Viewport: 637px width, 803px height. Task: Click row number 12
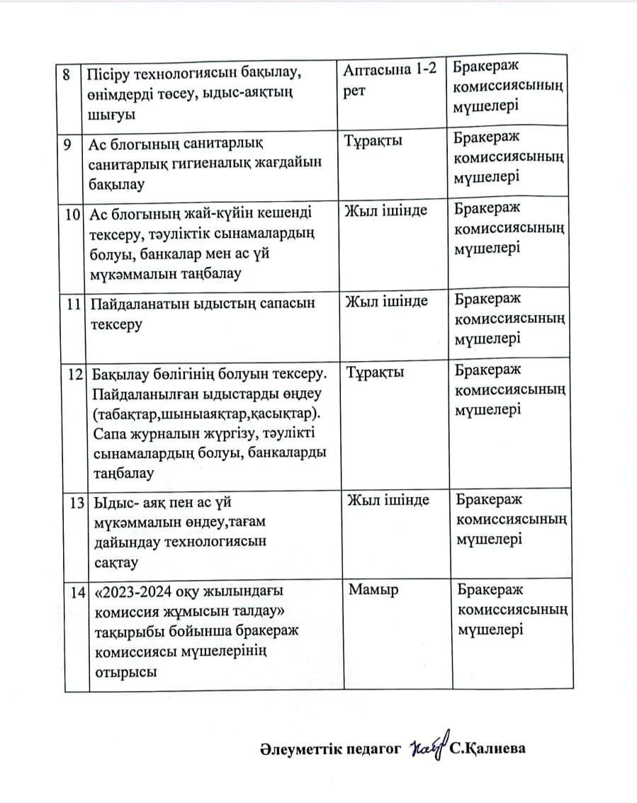[75, 374]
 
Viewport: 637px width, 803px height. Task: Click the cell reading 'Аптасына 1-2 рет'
[393, 81]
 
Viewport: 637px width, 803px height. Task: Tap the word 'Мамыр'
[373, 589]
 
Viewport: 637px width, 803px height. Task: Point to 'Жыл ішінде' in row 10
[385, 212]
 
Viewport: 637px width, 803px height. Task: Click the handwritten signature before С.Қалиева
[427, 748]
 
